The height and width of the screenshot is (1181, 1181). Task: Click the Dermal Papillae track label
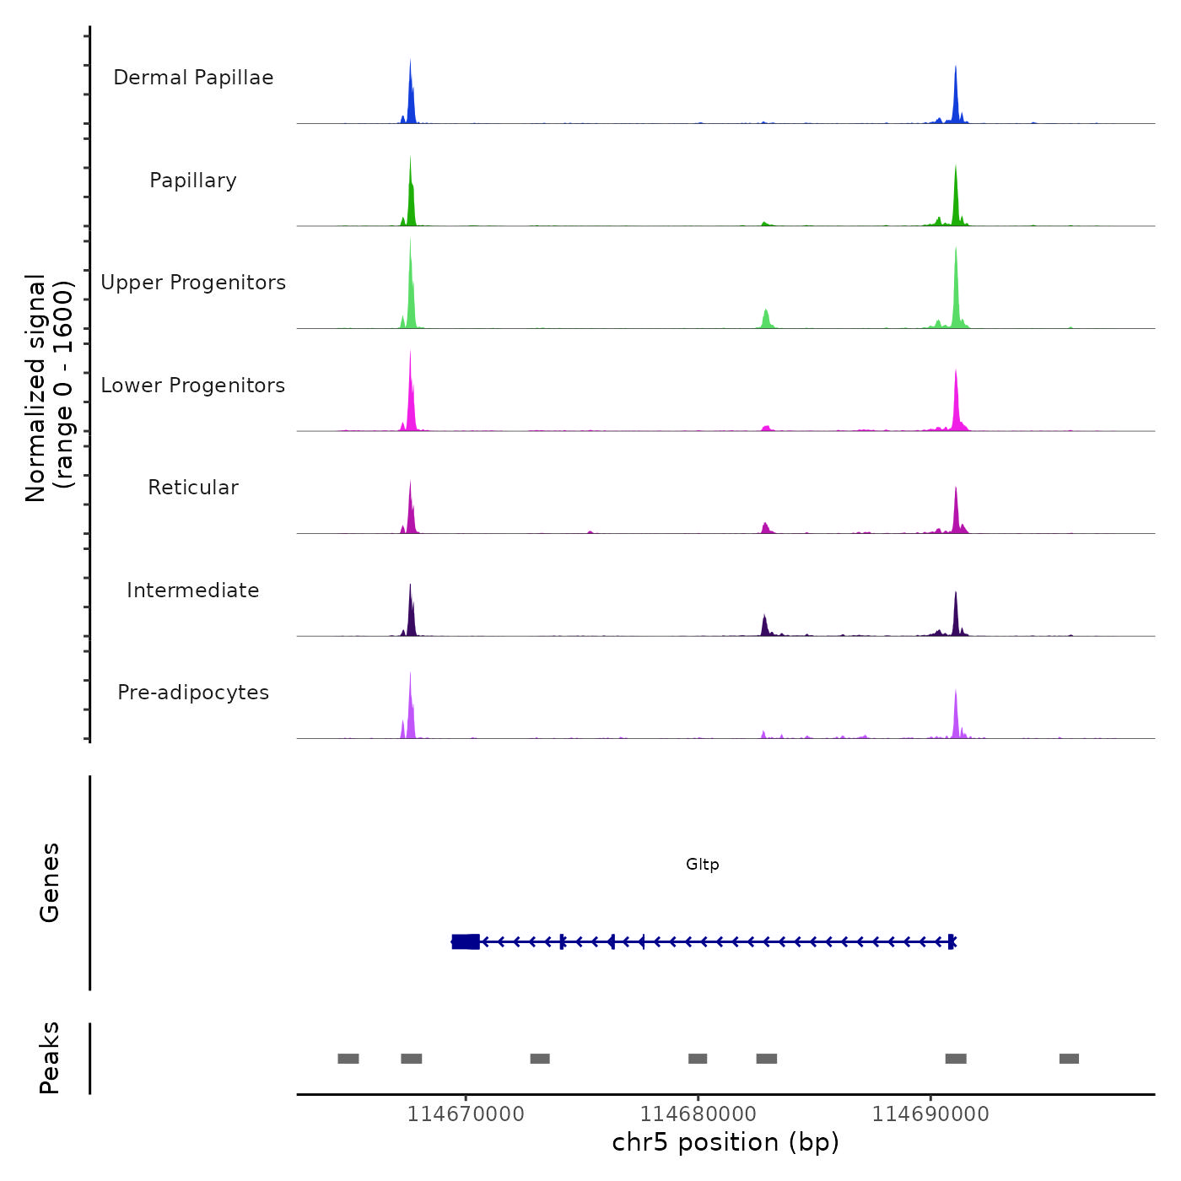tap(193, 78)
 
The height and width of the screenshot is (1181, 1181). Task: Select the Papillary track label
tap(193, 181)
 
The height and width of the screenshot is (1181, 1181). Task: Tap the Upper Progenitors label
tap(193, 283)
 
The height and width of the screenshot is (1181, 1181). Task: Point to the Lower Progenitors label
tap(193, 386)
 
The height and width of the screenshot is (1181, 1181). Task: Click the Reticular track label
tap(193, 488)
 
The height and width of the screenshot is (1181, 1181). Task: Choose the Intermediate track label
tap(193, 590)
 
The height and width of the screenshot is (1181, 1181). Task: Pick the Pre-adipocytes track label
tap(193, 693)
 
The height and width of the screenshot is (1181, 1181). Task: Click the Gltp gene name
tap(702, 865)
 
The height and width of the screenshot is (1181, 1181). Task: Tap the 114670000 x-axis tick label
tap(466, 1114)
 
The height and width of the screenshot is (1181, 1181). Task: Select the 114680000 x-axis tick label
tap(698, 1114)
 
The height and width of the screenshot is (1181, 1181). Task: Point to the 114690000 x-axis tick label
tap(930, 1114)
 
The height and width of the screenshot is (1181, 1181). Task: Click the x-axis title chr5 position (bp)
tap(725, 1143)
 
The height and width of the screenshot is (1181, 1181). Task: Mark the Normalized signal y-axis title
tap(49, 388)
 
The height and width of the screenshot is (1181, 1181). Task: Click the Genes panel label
tap(49, 882)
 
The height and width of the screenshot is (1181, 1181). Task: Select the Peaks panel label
tap(49, 1058)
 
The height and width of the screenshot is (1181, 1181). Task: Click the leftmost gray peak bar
tap(348, 1059)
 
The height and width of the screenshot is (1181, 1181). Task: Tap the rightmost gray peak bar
tap(1069, 1059)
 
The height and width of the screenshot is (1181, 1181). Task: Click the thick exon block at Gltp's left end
tap(466, 941)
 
